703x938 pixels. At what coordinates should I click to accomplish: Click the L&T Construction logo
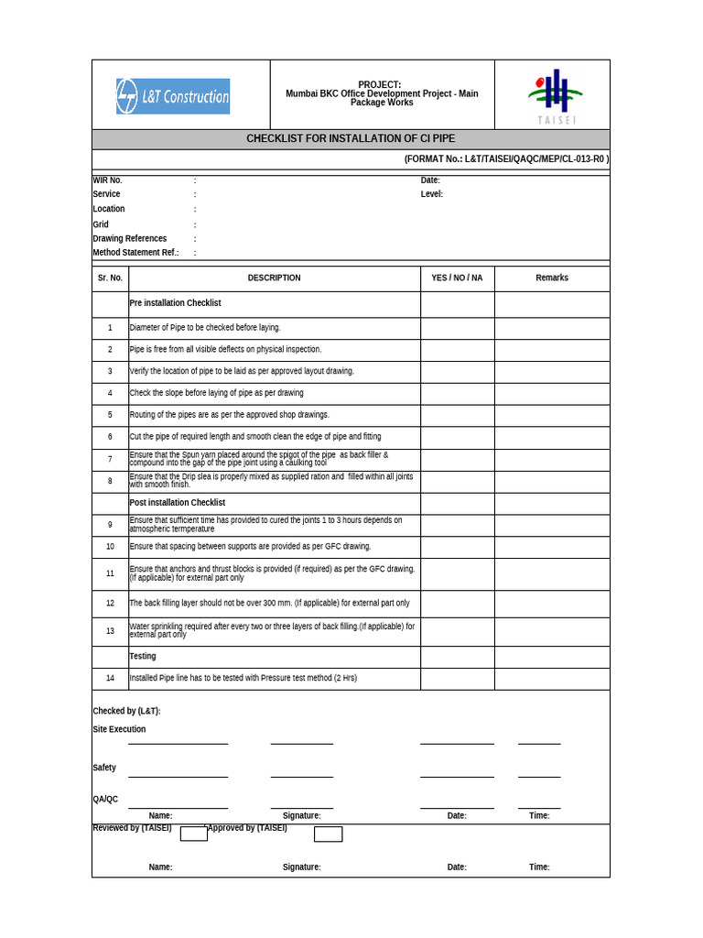tap(173, 96)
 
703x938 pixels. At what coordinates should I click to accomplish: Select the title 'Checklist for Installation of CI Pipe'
tap(351, 139)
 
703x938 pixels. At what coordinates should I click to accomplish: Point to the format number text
tap(506, 158)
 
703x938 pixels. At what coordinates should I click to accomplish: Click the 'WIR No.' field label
tap(107, 180)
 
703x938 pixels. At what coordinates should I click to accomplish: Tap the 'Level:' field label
tap(432, 194)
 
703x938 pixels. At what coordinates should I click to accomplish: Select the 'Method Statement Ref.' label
tap(135, 253)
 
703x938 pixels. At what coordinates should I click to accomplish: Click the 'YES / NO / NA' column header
tap(457, 278)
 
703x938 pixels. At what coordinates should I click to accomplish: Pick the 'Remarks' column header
tap(552, 278)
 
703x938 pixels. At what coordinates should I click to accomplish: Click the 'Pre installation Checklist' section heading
tap(175, 303)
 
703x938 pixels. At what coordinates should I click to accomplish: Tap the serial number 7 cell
tap(110, 459)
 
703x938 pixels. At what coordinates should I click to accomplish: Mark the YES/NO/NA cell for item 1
tap(457, 328)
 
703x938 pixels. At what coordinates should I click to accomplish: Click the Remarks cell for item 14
tap(552, 679)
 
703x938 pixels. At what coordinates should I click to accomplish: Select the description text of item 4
tap(216, 393)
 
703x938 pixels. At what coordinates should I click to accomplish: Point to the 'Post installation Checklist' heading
tap(178, 503)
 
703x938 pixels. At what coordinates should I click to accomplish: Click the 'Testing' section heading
tap(143, 657)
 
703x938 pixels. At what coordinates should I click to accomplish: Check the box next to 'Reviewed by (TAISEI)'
tap(194, 834)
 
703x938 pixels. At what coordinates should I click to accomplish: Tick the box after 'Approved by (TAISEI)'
tap(328, 834)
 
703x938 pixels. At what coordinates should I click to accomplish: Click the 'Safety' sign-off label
tap(104, 768)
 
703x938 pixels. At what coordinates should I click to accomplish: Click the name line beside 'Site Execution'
tap(178, 742)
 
